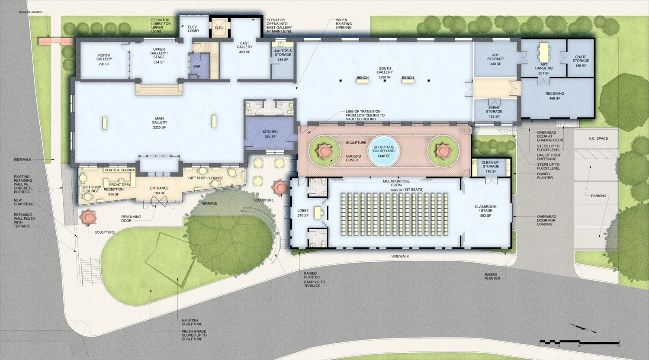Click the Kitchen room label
pos(270,134)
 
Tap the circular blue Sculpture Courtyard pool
pos(384,152)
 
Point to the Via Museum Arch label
pos(30,12)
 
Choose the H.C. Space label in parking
pos(598,138)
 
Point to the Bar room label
pos(197,67)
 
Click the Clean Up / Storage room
pos(491,167)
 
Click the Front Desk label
pos(120,185)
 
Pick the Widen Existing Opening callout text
pos(344,24)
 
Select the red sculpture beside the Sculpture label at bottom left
pos(89,216)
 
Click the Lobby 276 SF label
pos(303,213)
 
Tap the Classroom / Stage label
pos(485,211)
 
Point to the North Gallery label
pos(104,60)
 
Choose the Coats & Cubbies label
pos(120,170)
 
